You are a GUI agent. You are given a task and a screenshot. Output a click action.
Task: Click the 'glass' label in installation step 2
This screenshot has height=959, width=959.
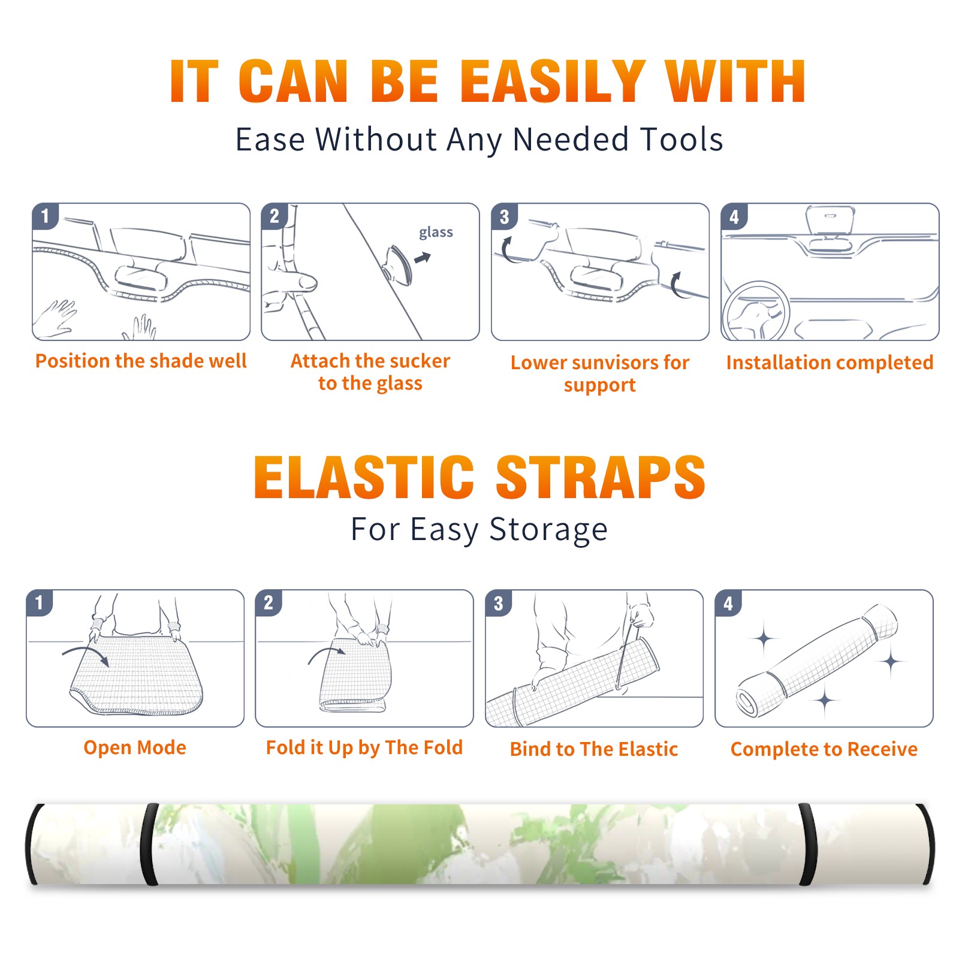[436, 233]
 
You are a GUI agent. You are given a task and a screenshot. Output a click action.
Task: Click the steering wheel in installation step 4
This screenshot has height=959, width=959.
[756, 310]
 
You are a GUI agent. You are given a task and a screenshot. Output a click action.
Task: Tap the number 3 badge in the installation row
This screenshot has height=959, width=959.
[505, 216]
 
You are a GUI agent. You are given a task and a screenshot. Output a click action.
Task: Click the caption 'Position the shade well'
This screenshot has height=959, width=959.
[141, 361]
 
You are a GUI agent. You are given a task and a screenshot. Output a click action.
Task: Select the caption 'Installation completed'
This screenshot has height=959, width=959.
[830, 363]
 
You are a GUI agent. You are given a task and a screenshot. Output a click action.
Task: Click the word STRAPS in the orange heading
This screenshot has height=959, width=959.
[601, 477]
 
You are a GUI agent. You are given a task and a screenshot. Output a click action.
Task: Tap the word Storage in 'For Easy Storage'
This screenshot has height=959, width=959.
[548, 530]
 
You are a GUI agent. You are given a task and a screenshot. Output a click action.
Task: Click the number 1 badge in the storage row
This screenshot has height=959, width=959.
[40, 603]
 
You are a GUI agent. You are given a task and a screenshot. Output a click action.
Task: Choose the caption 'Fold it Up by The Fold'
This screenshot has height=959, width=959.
[364, 747]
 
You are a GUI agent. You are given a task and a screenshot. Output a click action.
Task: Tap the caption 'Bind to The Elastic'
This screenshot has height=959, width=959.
[594, 749]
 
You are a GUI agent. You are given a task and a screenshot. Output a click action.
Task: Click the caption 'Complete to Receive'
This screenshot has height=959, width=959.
[824, 749]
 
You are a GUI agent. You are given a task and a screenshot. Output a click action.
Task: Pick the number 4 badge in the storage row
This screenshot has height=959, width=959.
[728, 603]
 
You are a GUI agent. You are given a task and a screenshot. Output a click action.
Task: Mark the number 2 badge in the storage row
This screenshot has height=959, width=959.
[269, 603]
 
